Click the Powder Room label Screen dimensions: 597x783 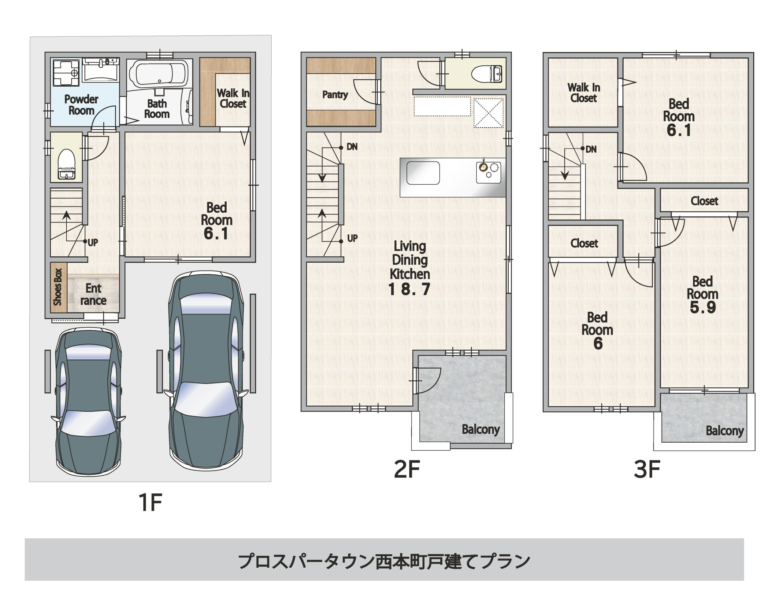(x=81, y=104)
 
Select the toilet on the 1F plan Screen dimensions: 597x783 (x=67, y=163)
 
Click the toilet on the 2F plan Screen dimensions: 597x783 (x=487, y=74)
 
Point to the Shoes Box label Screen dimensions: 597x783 (x=58, y=287)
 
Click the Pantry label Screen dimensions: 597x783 (x=335, y=94)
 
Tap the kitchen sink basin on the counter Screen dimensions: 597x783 (x=423, y=173)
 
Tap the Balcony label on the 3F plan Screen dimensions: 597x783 (x=725, y=431)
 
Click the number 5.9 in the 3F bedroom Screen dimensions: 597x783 (x=703, y=307)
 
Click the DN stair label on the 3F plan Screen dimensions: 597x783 (x=591, y=149)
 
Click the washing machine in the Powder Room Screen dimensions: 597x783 (x=66, y=73)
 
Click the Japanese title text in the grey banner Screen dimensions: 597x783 (x=384, y=562)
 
